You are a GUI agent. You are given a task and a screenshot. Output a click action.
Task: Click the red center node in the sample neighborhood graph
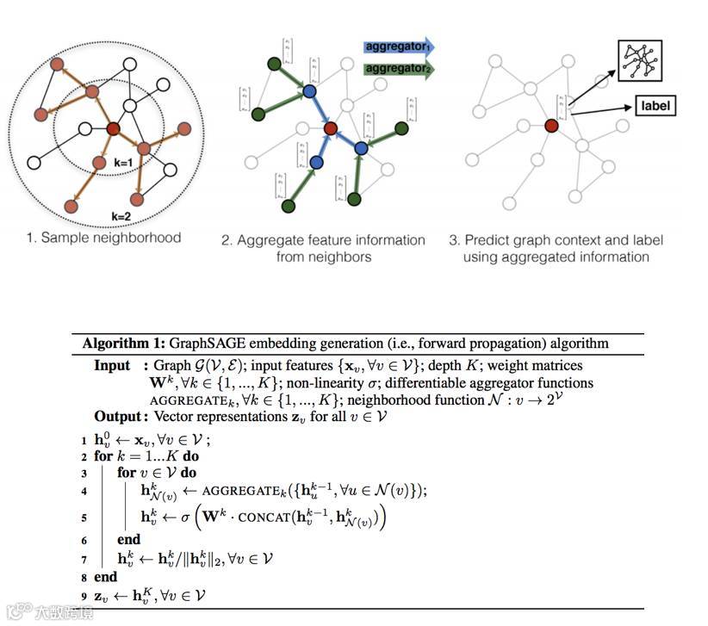click(x=113, y=129)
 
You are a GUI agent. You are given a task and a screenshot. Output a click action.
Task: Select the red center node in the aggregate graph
click(x=330, y=129)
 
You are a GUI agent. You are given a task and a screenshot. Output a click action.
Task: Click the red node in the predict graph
click(x=551, y=126)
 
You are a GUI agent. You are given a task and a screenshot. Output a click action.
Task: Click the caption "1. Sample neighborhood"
click(x=103, y=237)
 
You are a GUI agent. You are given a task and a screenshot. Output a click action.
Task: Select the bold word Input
click(x=112, y=365)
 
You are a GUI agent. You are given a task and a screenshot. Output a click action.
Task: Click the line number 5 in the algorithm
click(x=84, y=518)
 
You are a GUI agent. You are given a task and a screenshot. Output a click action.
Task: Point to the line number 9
click(x=84, y=596)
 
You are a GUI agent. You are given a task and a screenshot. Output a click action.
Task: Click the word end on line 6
click(x=128, y=539)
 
